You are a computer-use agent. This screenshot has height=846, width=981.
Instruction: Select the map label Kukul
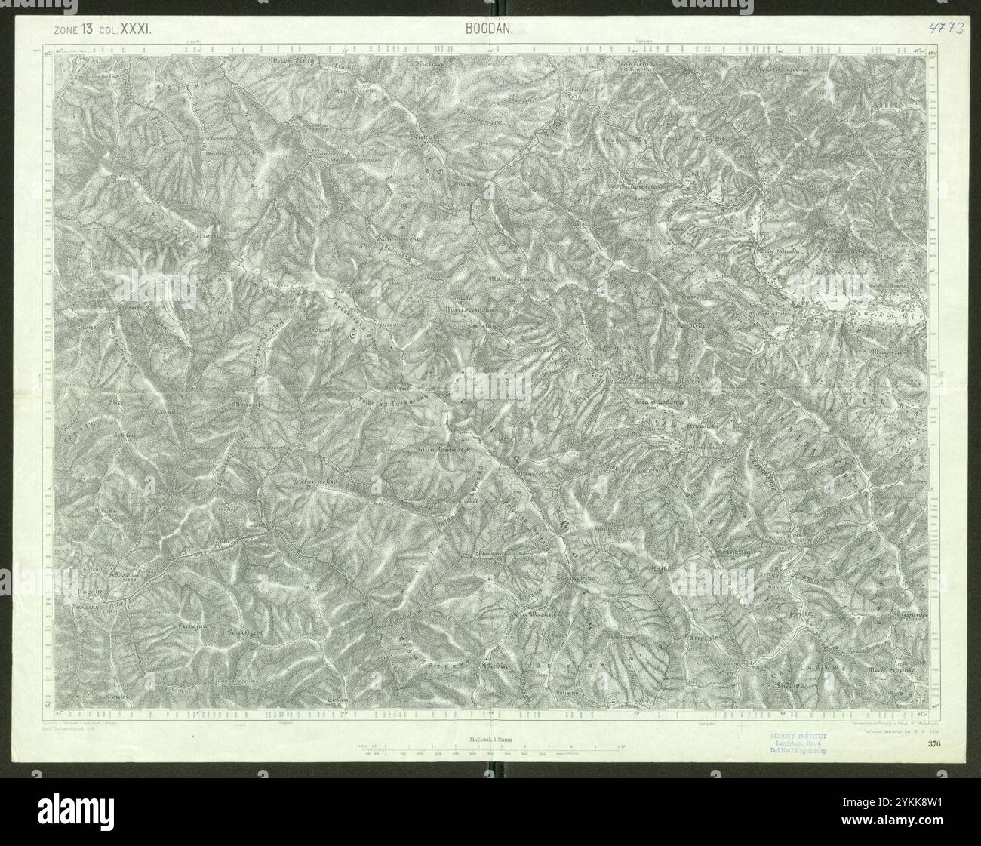click(420, 138)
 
